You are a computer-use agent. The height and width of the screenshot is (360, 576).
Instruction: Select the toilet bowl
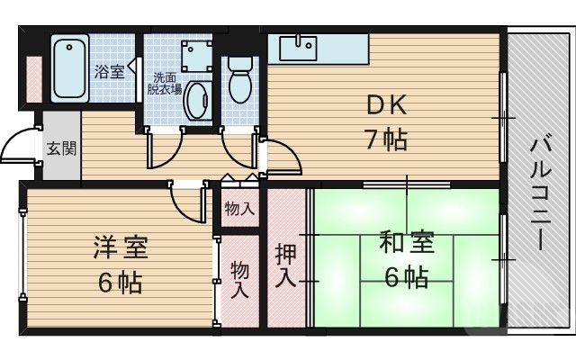(240, 84)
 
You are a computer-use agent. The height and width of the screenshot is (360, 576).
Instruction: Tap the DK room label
(386, 105)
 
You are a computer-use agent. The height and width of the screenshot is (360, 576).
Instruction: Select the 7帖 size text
(386, 139)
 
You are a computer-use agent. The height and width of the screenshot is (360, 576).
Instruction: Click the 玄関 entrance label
(61, 148)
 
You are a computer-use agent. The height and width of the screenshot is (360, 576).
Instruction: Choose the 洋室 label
(120, 247)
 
